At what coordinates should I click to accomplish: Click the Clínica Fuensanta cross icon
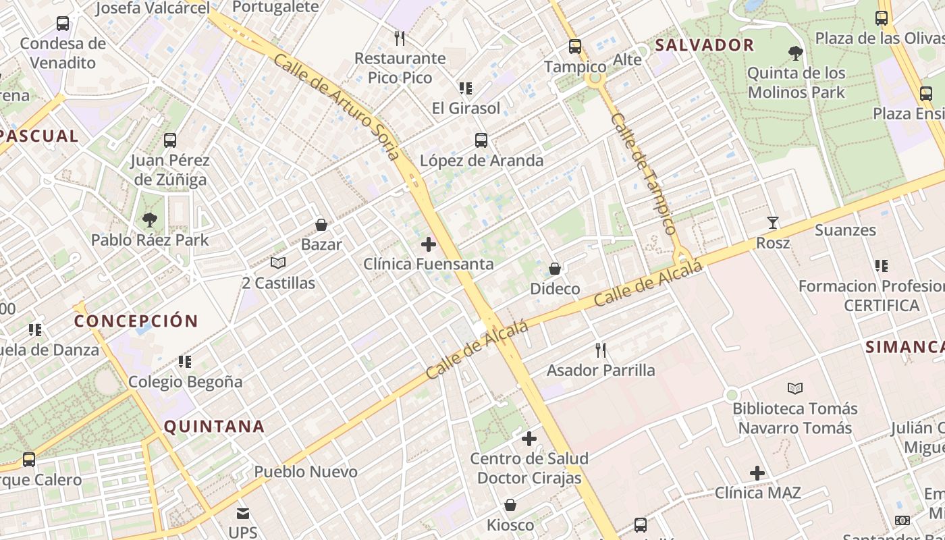429,244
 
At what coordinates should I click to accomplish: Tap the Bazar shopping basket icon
321,225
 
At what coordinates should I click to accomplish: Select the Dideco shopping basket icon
555,269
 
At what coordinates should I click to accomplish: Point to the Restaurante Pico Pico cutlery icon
400,38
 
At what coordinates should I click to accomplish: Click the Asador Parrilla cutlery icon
601,350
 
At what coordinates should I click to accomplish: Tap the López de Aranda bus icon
481,140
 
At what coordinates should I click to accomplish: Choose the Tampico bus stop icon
575,47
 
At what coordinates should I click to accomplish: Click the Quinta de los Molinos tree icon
796,53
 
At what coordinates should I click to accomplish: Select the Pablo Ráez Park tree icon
150,219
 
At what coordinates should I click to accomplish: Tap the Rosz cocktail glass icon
773,222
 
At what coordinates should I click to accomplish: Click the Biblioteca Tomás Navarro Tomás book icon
795,388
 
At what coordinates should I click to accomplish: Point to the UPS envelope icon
243,514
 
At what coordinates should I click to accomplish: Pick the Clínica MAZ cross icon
757,473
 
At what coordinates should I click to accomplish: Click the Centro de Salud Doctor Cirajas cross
529,439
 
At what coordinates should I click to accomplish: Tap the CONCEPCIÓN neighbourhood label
136,321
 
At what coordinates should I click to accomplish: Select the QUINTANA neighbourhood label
214,427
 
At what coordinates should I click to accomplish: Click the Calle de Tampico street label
643,174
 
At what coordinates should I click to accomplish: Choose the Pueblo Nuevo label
306,472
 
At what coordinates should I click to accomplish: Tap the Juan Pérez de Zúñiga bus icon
170,140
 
